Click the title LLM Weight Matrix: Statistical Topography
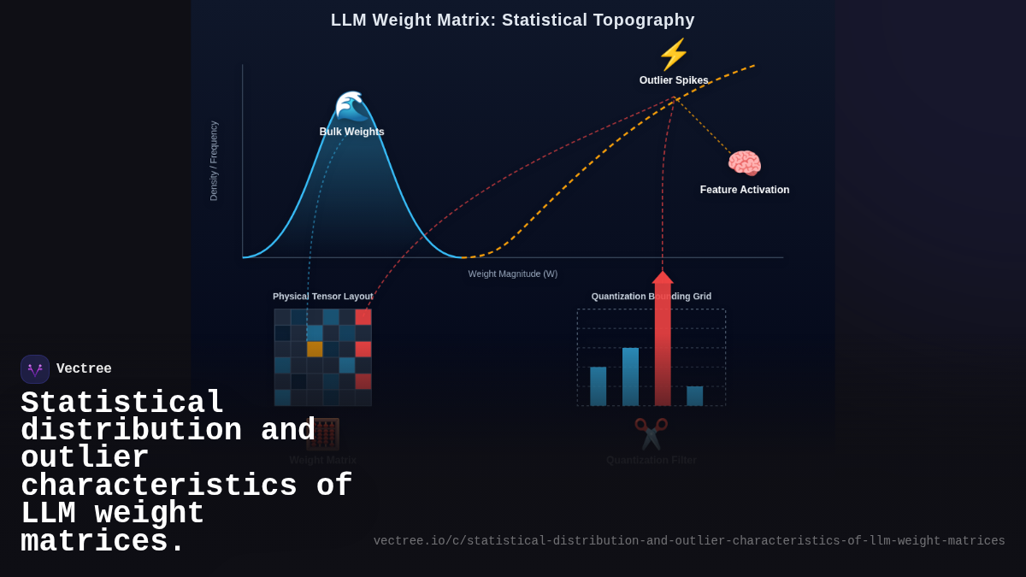coord(513,20)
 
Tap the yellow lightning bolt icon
coord(674,55)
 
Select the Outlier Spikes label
coord(674,80)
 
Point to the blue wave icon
coord(351,106)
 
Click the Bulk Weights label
coord(351,132)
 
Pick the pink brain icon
coord(744,163)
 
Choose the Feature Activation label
coord(744,190)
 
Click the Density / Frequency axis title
coord(214,161)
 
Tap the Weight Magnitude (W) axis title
coord(513,274)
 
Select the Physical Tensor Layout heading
coord(323,297)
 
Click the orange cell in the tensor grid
coord(315,349)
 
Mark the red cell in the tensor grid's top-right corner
coord(363,317)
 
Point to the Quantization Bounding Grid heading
coord(651,297)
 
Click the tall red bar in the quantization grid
coord(663,350)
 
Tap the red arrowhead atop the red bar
coord(663,277)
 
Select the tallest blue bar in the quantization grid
coord(630,376)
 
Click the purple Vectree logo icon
coord(35,369)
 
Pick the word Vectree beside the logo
coord(84,369)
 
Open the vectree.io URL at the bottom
coord(689,541)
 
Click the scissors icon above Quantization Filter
coord(651,433)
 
